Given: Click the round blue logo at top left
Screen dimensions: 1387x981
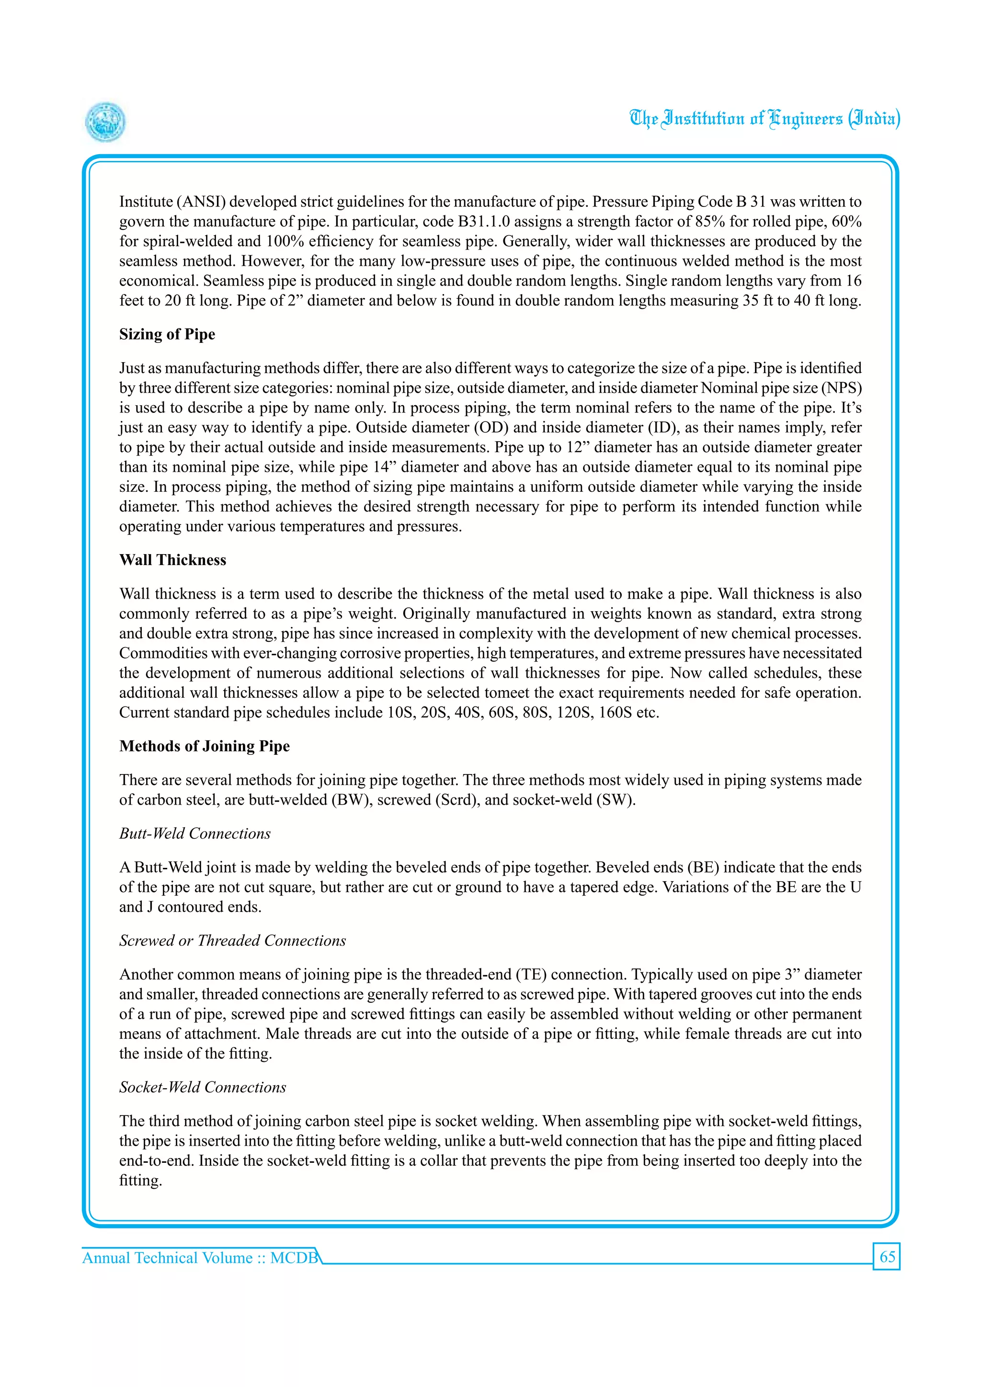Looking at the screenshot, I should click(x=106, y=122).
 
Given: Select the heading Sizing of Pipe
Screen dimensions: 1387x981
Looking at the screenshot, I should click(x=167, y=334).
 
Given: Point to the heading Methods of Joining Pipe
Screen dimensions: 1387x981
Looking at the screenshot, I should click(x=204, y=746).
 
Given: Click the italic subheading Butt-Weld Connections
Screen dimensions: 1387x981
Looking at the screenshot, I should click(x=194, y=834).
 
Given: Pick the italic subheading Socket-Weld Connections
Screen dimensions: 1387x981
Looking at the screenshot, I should click(x=202, y=1087).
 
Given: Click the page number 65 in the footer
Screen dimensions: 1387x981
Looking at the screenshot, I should click(x=887, y=1257).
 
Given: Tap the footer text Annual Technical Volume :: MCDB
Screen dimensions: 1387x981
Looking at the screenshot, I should click(x=200, y=1258).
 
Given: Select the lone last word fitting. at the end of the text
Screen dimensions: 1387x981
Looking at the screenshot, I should click(x=140, y=1181).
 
